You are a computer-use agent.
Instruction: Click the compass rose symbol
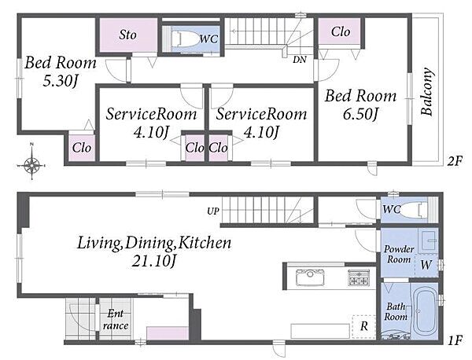coord(32,165)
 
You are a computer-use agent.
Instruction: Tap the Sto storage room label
coord(127,35)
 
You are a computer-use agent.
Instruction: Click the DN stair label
coord(300,60)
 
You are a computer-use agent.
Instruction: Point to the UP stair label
coord(213,211)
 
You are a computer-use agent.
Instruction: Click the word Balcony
coord(427,92)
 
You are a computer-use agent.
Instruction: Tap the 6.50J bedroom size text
coord(360,114)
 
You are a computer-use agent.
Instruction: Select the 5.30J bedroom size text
coord(61,81)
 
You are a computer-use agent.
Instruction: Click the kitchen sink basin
coord(311,277)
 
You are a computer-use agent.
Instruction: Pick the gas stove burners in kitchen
coord(359,277)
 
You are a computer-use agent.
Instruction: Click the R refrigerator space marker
coord(364,326)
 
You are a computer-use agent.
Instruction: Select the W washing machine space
coord(426,265)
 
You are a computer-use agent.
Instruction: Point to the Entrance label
coord(116,320)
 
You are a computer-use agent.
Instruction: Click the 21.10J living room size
coord(154,261)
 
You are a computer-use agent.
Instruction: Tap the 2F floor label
coord(454,161)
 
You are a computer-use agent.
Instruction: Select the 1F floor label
coord(455,341)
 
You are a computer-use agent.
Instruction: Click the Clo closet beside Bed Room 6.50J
coord(340,31)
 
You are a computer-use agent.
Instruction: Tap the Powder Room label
coord(399,254)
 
